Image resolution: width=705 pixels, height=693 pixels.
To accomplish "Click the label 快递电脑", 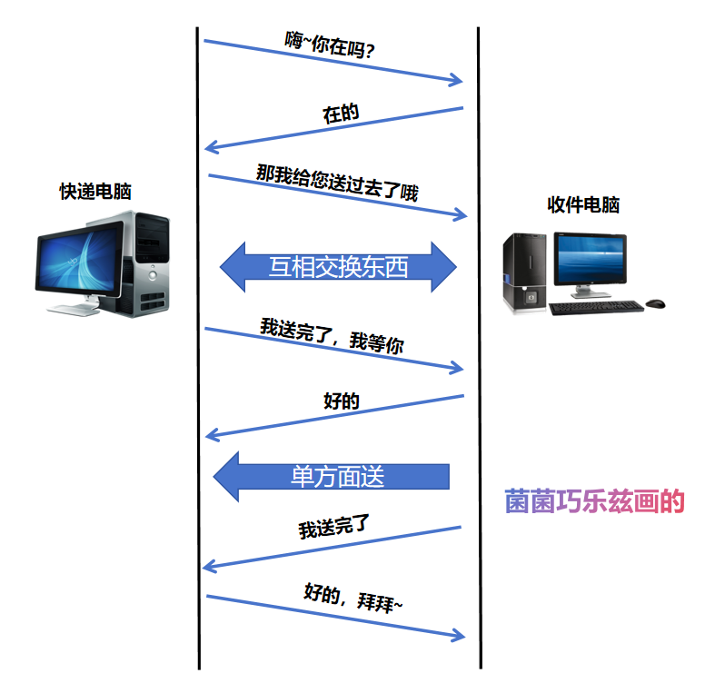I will pyautogui.click(x=95, y=192).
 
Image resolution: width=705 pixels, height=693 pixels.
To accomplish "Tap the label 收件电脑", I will pyautogui.click(x=583, y=204).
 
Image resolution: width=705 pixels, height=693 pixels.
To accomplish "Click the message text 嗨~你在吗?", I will pyautogui.click(x=331, y=45).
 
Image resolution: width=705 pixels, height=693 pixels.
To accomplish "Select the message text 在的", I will pyautogui.click(x=342, y=114).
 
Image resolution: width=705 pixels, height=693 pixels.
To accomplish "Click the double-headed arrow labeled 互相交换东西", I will pyautogui.click(x=338, y=266).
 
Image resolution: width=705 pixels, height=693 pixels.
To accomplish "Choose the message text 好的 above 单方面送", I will pyautogui.click(x=342, y=401).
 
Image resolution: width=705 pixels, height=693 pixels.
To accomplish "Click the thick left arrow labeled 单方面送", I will pyautogui.click(x=333, y=476).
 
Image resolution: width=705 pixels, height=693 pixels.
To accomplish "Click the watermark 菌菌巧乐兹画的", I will pyautogui.click(x=594, y=501).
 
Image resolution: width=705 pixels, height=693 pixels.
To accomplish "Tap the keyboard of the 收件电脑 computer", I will pyautogui.click(x=596, y=308).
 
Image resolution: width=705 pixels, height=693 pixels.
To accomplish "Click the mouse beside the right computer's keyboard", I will pyautogui.click(x=656, y=302).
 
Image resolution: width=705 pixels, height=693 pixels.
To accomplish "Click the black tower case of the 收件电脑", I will pyautogui.click(x=526, y=272).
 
